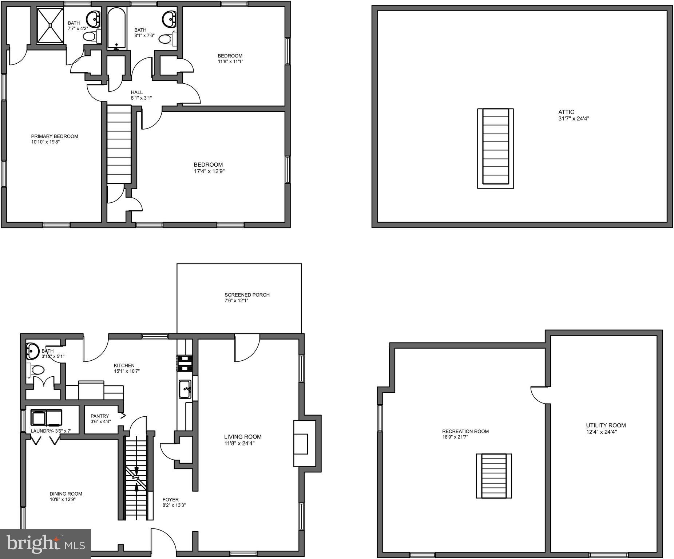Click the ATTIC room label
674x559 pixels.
point(566,112)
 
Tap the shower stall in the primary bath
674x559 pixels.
point(50,25)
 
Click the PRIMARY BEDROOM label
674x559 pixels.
point(55,136)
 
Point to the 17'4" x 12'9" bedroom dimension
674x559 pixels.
point(209,171)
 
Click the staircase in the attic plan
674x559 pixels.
point(495,148)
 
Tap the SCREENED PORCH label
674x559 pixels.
point(247,295)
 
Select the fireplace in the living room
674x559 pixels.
point(304,444)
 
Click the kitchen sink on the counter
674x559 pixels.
point(185,389)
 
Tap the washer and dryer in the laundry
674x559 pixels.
point(46,417)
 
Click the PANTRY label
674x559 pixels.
point(100,416)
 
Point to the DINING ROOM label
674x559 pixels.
point(66,494)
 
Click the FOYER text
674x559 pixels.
point(170,500)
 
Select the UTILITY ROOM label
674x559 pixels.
point(606,425)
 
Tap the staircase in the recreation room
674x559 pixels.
point(494,476)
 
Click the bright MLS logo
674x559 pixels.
point(45,544)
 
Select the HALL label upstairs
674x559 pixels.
point(137,92)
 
